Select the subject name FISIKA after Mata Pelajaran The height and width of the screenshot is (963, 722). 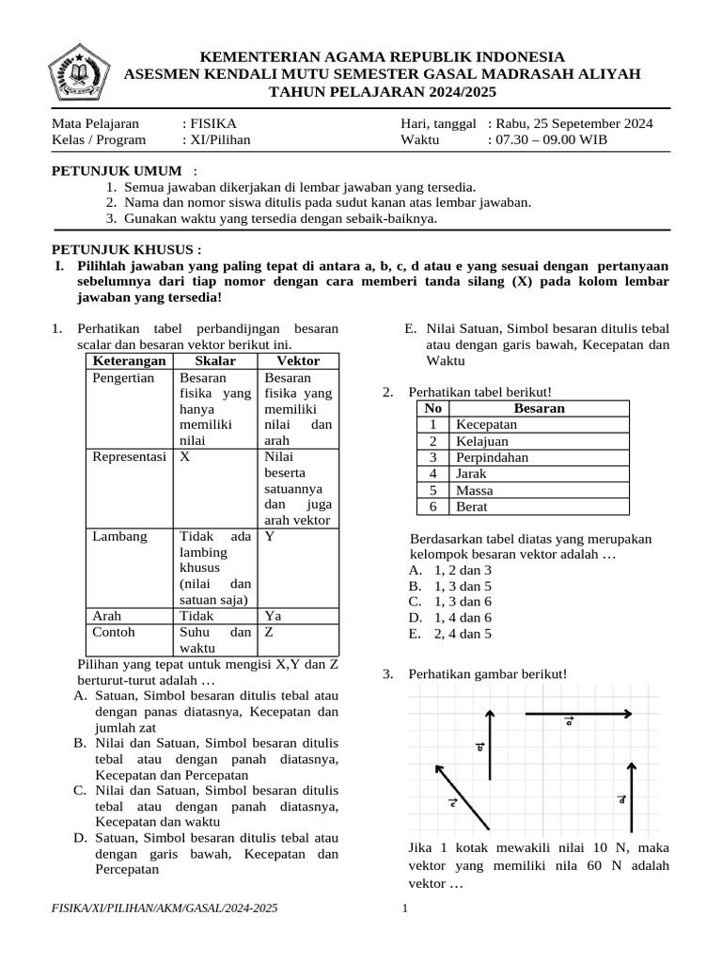212,123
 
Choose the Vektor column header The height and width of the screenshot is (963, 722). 298,361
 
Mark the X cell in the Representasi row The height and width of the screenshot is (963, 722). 185,456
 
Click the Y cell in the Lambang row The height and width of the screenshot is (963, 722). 270,536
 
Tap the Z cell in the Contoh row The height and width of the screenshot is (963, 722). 270,632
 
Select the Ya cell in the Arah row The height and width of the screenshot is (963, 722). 274,616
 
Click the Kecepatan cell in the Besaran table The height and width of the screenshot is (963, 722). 486,425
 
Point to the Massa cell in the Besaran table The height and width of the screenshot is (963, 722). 475,490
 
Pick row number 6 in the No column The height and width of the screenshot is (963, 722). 432,507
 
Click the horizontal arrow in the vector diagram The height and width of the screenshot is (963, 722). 577,714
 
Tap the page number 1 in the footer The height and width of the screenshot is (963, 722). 404,908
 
